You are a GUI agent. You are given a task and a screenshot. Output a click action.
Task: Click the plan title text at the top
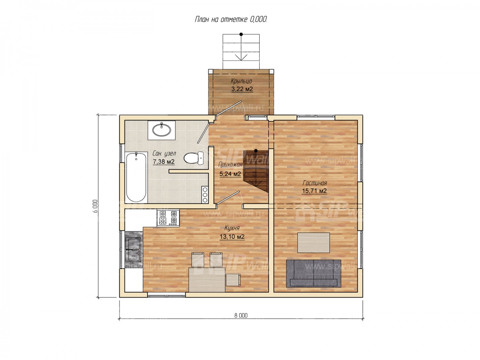[231, 20]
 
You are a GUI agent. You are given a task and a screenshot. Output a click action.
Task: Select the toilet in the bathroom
[194, 158]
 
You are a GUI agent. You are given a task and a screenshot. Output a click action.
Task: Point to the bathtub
[136, 177]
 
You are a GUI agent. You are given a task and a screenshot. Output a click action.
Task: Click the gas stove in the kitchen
[168, 218]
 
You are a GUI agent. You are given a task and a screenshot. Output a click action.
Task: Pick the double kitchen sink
[133, 249]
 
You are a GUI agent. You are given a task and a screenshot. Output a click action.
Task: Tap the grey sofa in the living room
[313, 274]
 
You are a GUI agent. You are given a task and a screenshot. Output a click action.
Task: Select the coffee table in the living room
[313, 243]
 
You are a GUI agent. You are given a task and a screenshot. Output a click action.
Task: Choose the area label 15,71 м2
[314, 191]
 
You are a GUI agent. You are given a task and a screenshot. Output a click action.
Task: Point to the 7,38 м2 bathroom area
[164, 162]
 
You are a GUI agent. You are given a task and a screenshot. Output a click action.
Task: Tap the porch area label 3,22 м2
[242, 89]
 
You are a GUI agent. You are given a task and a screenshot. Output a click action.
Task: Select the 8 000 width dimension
[241, 316]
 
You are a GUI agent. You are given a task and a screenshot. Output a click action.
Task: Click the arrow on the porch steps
[241, 47]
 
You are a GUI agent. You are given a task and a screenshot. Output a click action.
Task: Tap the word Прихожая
[230, 164]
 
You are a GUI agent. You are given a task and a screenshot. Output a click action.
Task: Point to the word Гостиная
[315, 183]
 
